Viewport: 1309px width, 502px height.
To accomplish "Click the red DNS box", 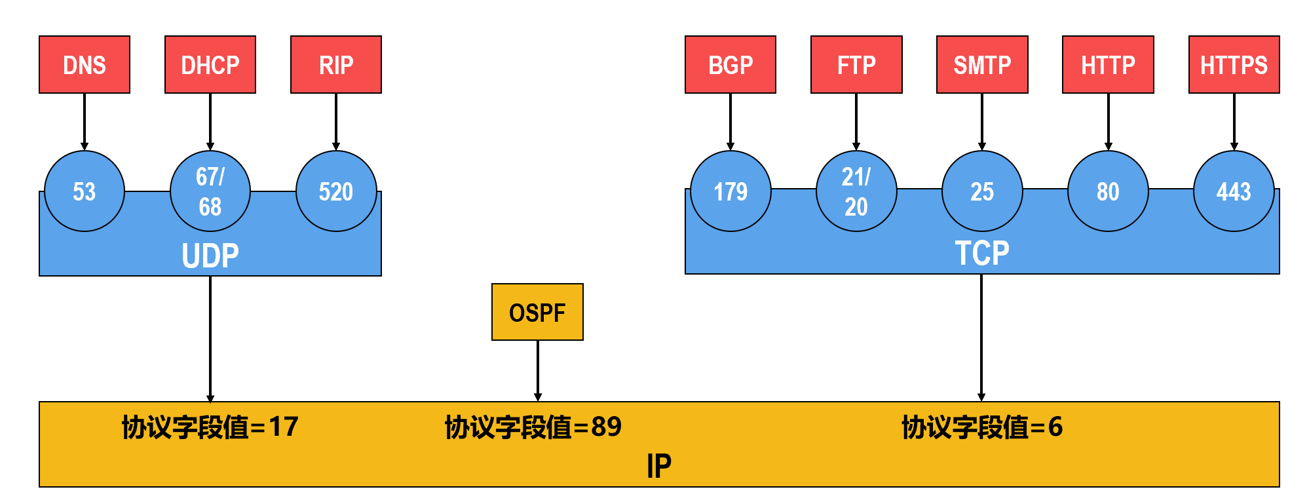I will pos(85,65).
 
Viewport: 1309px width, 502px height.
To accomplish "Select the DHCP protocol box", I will pos(210,65).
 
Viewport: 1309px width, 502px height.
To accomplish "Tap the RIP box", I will pos(336,65).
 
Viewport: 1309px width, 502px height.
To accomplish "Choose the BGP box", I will pos(730,65).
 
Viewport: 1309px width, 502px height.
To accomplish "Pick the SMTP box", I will pos(982,65).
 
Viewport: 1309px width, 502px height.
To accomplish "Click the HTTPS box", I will pos(1234,65).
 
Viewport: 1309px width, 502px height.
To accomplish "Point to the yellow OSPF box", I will pos(537,312).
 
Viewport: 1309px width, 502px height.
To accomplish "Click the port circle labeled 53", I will pos(85,191).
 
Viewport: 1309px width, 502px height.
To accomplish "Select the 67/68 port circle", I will pos(210,191).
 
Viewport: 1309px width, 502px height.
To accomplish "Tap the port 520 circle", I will pos(336,191).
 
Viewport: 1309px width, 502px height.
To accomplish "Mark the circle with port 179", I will pos(730,191).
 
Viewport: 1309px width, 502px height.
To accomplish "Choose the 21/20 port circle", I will pos(856,191).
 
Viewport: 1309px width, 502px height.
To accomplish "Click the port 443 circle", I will pos(1234,191).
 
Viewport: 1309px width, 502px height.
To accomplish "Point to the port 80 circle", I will pos(1108,191).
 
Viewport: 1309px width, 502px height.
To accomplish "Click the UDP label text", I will pos(210,256).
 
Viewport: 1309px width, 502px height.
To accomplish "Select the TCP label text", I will pos(981,253).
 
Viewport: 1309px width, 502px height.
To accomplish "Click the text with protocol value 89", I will pos(533,427).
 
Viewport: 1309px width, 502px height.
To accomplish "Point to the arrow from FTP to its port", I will pos(856,122).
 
